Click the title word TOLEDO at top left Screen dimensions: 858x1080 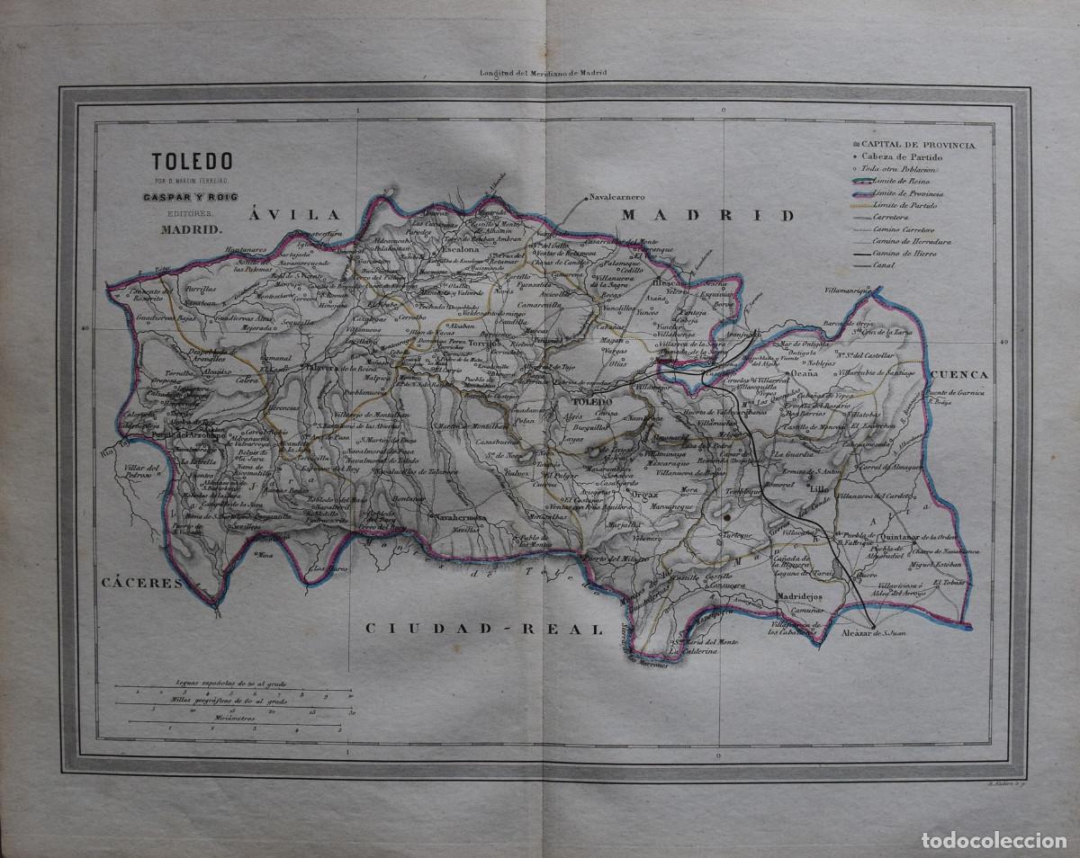[x=192, y=162]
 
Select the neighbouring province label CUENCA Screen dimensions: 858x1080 [x=960, y=374]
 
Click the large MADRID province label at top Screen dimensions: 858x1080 [x=708, y=215]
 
